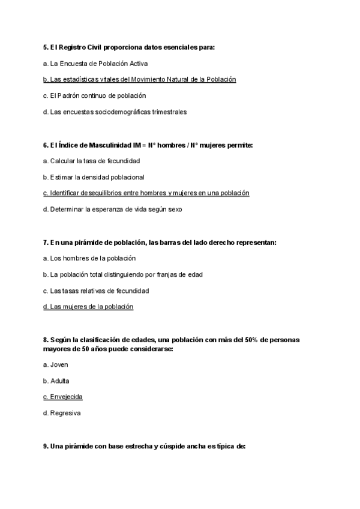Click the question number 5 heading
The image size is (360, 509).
tap(129, 47)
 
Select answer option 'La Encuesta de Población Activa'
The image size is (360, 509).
tap(95, 63)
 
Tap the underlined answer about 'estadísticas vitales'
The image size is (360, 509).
tap(140, 79)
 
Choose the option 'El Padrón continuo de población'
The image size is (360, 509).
tap(94, 95)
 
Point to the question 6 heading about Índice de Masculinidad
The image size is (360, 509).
tap(148, 145)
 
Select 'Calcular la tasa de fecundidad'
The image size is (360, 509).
tap(91, 161)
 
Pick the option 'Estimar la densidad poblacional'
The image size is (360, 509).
tap(94, 177)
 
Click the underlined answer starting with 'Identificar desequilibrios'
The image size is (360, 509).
tap(146, 193)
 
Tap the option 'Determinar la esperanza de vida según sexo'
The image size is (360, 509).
tap(112, 209)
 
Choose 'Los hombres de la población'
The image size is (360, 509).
tap(89, 258)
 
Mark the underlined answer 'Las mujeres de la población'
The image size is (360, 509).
tap(88, 307)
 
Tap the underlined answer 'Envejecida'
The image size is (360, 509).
tap(63, 397)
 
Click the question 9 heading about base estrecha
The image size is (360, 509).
tap(145, 446)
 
